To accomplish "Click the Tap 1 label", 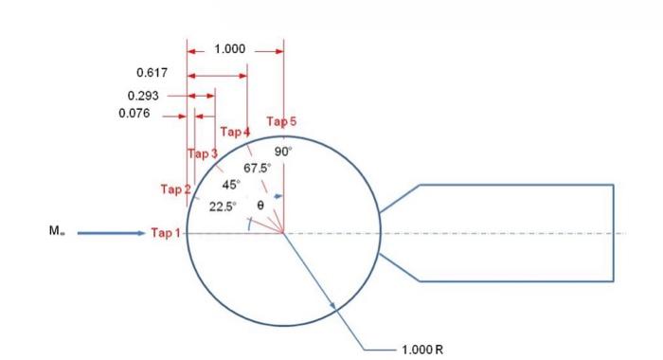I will (x=165, y=233).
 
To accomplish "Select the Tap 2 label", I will (x=175, y=189).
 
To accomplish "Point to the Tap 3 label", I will (x=202, y=153).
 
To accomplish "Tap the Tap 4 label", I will (x=235, y=132).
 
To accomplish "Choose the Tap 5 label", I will (x=281, y=121).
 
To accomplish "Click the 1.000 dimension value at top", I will (x=231, y=49).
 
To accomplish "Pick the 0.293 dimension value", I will (x=142, y=95).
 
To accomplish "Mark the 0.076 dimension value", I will (x=134, y=115).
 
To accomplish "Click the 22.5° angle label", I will (x=222, y=206).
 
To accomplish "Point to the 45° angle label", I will (x=231, y=184).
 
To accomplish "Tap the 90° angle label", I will (x=283, y=151).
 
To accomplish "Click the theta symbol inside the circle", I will (x=260, y=205).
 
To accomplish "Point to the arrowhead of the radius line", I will (x=332, y=302).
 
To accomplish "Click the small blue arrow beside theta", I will (x=276, y=196).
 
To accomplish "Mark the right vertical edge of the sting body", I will (x=614, y=233).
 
